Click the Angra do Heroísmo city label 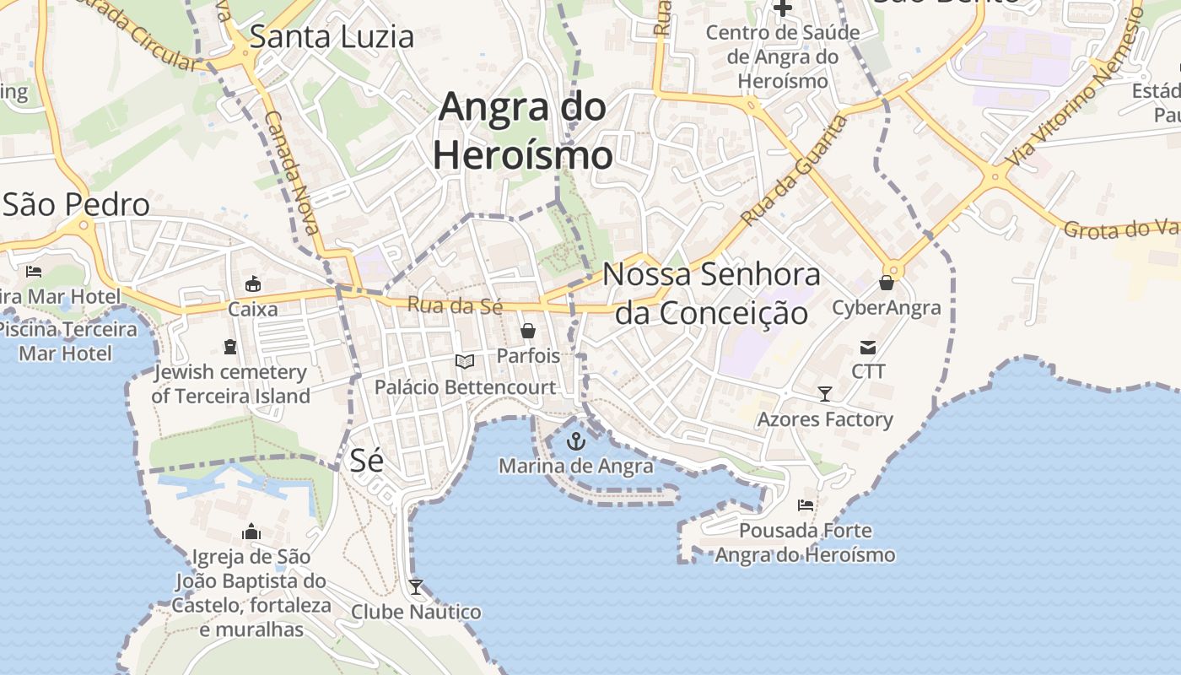522,131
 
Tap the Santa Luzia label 332,36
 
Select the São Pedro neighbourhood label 76,204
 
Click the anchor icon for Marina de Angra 575,440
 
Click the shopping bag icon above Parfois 528,330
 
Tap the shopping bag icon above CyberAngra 887,282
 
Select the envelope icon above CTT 868,347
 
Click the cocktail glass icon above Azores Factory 824,394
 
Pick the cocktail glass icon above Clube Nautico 416,586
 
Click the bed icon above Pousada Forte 806,505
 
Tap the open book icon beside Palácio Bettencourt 465,361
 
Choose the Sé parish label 366,460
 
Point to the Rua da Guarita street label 794,170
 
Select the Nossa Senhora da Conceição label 711,293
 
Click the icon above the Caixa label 252,283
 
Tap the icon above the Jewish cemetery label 229,346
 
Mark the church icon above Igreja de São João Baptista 251,532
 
